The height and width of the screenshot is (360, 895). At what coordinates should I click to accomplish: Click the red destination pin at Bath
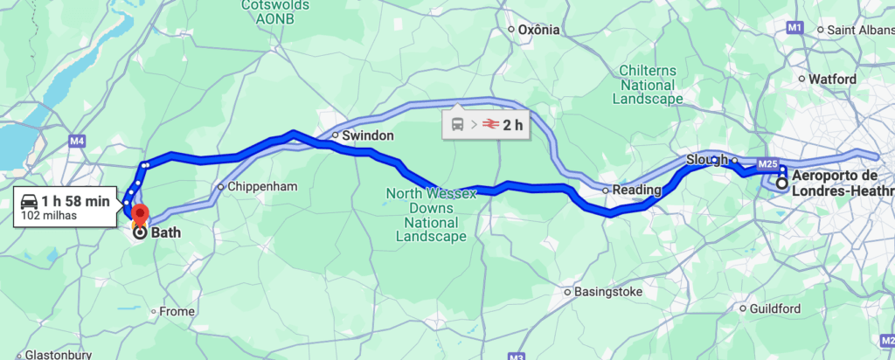click(139, 213)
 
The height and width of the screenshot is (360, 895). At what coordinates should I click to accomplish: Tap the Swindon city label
click(368, 136)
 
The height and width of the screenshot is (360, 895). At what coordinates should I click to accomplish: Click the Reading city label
click(636, 190)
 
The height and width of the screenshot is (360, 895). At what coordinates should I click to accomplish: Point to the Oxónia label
click(538, 30)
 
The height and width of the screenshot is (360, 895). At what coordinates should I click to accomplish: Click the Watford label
click(832, 79)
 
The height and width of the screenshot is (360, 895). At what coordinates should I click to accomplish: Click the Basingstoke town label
click(609, 292)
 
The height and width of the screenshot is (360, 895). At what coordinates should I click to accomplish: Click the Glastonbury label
click(52, 355)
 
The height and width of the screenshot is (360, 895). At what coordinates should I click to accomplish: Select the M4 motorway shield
click(77, 140)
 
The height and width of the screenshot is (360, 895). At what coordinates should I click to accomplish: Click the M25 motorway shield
click(768, 163)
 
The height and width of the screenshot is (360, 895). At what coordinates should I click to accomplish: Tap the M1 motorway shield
click(794, 29)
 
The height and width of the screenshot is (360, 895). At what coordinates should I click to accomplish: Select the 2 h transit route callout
click(487, 125)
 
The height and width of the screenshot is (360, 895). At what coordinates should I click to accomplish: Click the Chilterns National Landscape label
click(648, 85)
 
